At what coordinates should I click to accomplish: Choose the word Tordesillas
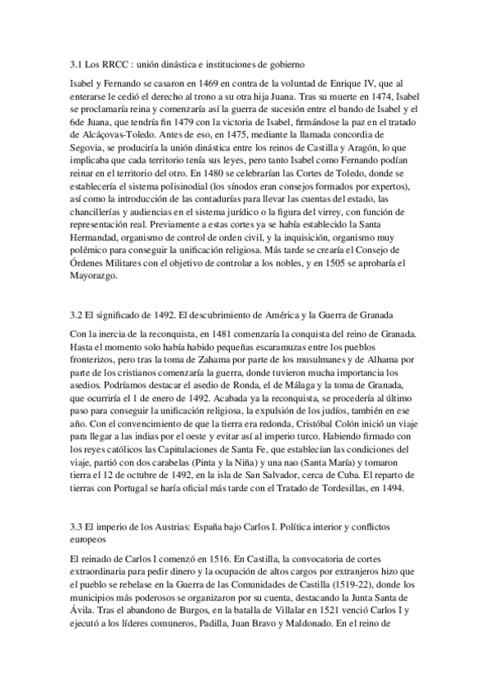pyautogui.click(x=360, y=489)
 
